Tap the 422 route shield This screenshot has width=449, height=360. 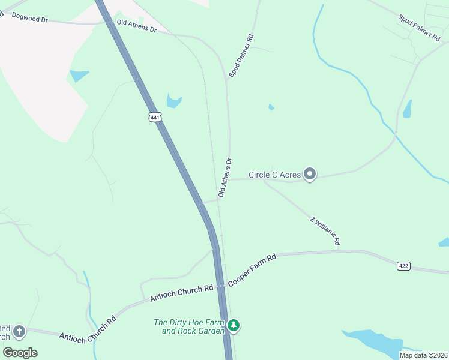403,265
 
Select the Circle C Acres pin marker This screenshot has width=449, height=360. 310,174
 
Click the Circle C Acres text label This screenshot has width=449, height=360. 275,175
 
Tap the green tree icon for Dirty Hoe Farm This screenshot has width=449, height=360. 234,326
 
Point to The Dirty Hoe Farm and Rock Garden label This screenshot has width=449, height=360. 189,326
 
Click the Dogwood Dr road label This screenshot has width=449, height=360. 29,19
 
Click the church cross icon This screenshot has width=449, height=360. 19,331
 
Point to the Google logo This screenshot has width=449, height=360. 20,352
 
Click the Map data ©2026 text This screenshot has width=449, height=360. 423,355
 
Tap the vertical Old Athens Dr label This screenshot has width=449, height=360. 224,178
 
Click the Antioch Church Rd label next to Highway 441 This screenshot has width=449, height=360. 181,292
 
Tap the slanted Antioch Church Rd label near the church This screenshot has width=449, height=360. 87,331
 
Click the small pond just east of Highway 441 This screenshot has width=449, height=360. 173,101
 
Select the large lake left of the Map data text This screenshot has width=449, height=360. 372,341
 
